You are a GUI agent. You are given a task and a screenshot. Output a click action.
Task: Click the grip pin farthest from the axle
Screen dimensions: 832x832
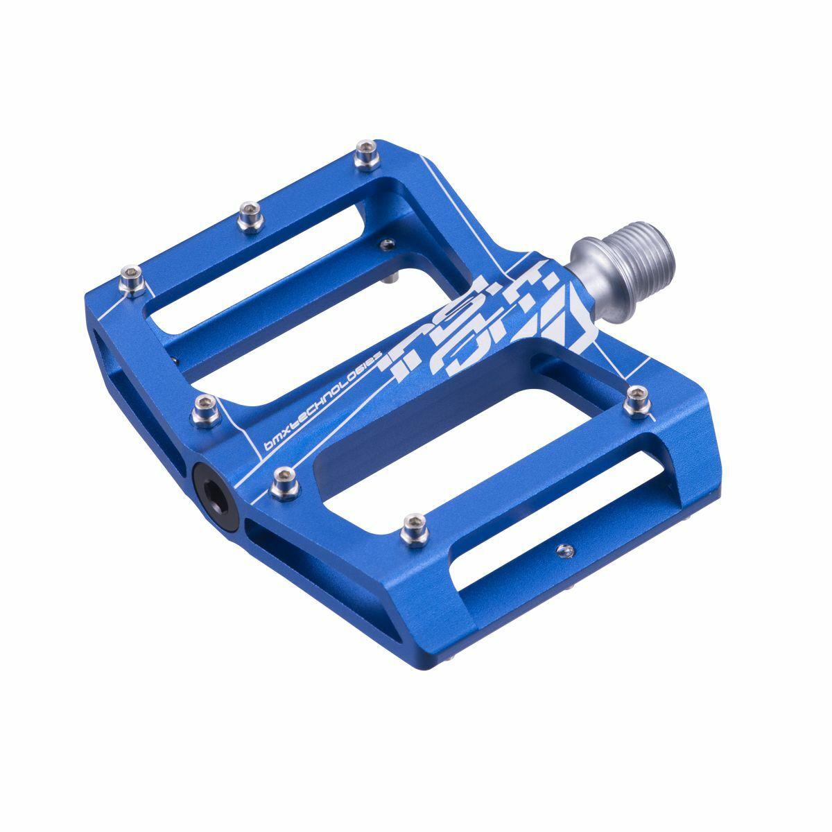pos(131,279)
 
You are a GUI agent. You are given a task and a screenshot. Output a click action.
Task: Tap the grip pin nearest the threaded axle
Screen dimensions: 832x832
pos(636,400)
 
